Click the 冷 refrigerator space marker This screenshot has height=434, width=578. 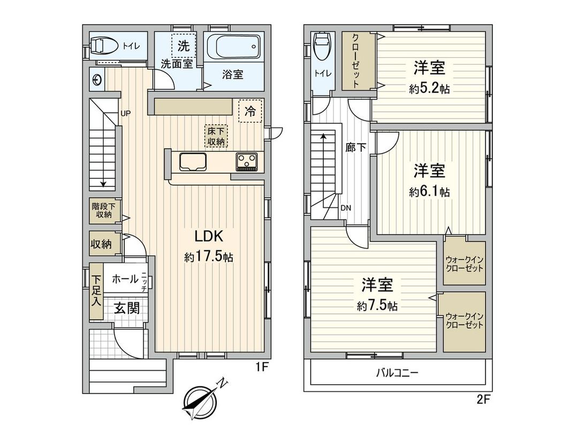250,111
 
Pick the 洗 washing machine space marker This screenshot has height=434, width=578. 183,46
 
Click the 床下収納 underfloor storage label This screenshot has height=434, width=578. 216,136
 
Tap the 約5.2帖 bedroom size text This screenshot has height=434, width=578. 429,89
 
